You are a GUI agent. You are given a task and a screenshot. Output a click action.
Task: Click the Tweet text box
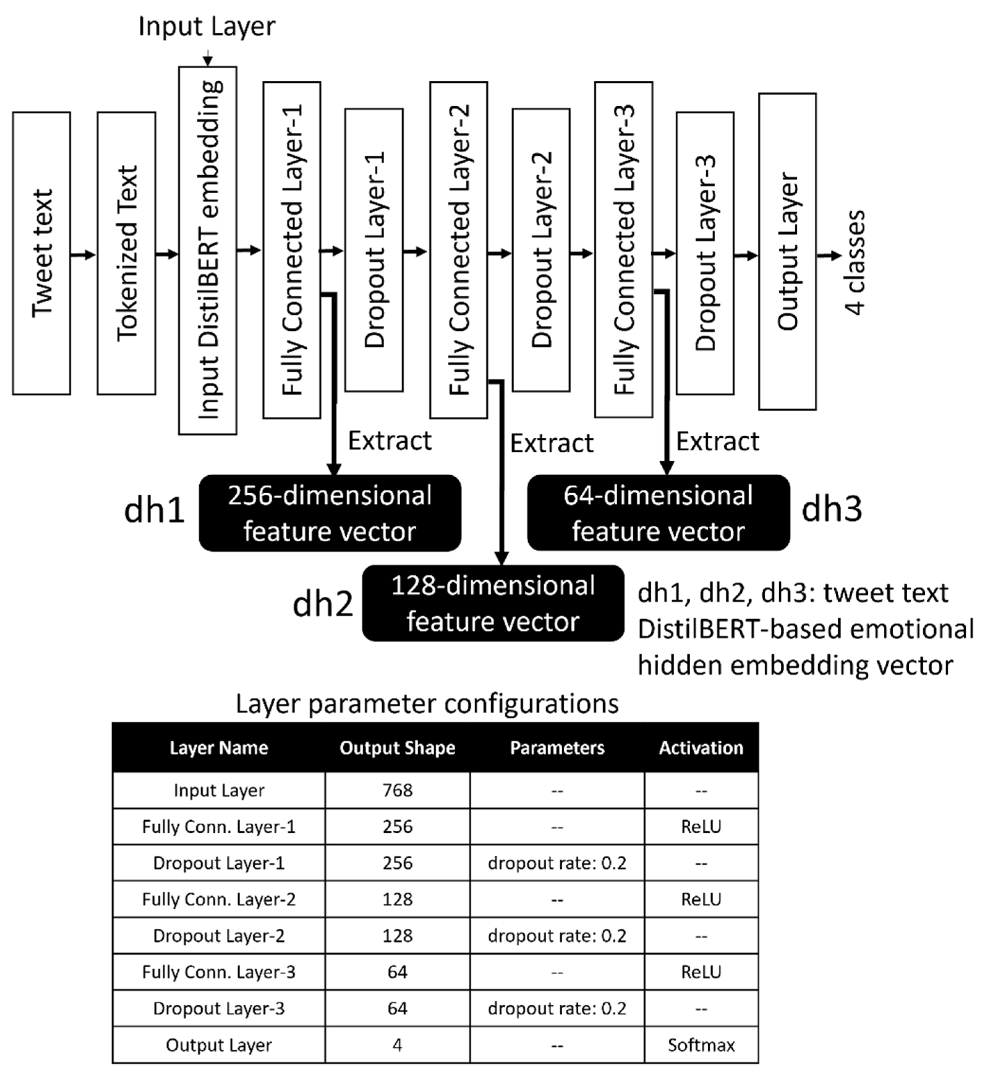[x=42, y=253]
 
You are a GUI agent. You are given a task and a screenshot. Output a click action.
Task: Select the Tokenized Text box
[x=127, y=253]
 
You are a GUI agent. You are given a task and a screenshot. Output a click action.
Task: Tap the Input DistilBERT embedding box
[x=208, y=251]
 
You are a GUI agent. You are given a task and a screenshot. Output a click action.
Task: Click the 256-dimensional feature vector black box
[x=330, y=513]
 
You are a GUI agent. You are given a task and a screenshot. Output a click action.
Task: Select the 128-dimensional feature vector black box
[x=493, y=603]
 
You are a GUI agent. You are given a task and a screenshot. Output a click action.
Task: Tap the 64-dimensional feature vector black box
[x=658, y=513]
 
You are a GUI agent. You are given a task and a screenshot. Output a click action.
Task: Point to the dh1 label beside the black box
[x=154, y=510]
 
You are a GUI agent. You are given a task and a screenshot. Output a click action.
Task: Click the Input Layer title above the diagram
[x=207, y=26]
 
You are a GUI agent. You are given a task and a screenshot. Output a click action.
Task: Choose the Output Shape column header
[x=397, y=747]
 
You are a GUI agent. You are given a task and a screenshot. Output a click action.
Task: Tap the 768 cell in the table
[x=397, y=790]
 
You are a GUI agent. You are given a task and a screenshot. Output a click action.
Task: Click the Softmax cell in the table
[x=701, y=1045]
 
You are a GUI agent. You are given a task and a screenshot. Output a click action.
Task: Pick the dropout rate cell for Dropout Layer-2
[x=557, y=936]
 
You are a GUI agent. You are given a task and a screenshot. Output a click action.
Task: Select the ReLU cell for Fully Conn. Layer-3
[x=701, y=972]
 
